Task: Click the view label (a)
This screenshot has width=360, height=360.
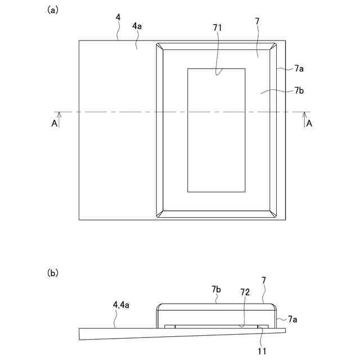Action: click(52, 10)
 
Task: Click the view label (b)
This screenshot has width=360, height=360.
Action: click(52, 273)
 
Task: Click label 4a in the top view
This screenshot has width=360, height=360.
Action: click(137, 26)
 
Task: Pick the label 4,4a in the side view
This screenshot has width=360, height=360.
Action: click(121, 305)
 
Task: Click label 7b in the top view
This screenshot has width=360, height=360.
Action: click(299, 90)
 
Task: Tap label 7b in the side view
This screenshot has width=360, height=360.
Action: click(216, 289)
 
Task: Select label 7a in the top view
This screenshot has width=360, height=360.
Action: click(299, 68)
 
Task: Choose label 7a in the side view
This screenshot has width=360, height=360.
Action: click(292, 319)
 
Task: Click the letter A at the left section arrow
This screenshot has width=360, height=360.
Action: click(54, 124)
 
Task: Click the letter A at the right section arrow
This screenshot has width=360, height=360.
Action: click(309, 124)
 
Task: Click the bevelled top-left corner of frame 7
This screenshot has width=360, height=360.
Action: click(160, 46)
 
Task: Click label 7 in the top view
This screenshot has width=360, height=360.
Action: click(257, 21)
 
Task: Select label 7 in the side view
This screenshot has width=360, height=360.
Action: click(264, 280)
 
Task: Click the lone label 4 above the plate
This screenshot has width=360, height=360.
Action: click(118, 18)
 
